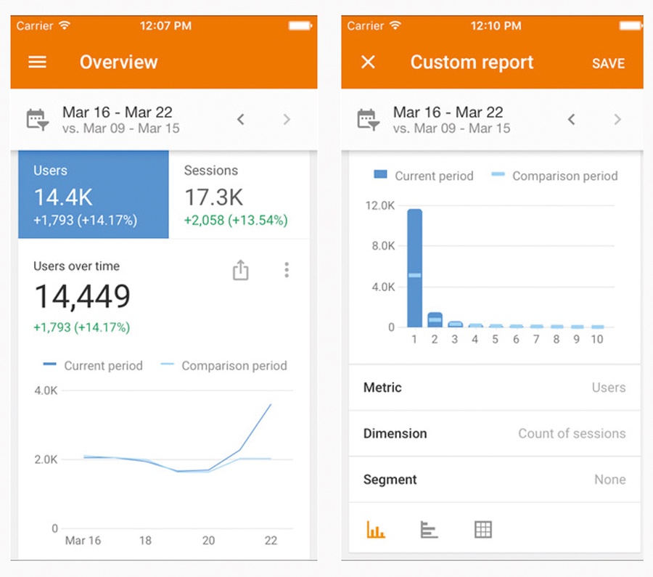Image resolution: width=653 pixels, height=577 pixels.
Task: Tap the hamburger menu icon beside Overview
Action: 38,62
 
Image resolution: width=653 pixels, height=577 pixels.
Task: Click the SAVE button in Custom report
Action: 608,63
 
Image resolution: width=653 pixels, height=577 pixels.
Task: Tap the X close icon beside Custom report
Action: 368,62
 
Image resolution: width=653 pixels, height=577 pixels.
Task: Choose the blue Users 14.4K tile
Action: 94,195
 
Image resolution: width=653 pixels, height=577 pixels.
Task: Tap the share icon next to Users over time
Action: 241,271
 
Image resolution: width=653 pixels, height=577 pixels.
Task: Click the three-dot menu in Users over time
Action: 287,271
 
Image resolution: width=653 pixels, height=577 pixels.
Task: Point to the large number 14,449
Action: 83,296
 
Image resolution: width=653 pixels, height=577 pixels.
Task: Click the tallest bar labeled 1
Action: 414,269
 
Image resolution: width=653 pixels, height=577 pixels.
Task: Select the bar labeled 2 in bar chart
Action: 435,319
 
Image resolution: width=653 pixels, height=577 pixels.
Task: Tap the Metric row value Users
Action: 608,388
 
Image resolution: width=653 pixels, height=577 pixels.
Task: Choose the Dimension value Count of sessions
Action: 571,433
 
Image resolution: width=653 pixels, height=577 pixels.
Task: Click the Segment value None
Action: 609,480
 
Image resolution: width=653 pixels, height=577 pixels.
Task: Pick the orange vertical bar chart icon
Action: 376,530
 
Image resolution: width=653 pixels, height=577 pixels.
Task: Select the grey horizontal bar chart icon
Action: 429,530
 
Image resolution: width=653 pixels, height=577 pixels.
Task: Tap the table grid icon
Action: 482,530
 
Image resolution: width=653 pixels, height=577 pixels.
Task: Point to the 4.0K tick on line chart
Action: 46,390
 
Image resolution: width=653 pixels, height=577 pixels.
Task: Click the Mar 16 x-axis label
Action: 83,541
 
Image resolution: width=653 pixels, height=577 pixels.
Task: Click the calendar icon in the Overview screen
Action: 38,120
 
